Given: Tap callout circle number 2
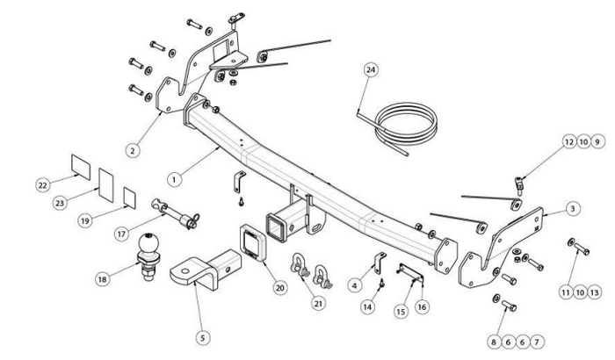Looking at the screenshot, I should [x=132, y=150].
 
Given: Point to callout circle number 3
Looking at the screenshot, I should [x=572, y=208].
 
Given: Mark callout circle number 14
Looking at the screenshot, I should [x=367, y=306].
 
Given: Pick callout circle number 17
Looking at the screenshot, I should [x=122, y=234].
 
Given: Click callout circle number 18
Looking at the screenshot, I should [x=104, y=279].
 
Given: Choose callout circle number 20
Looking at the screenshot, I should [x=280, y=285].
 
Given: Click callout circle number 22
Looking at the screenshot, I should [x=41, y=184].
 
